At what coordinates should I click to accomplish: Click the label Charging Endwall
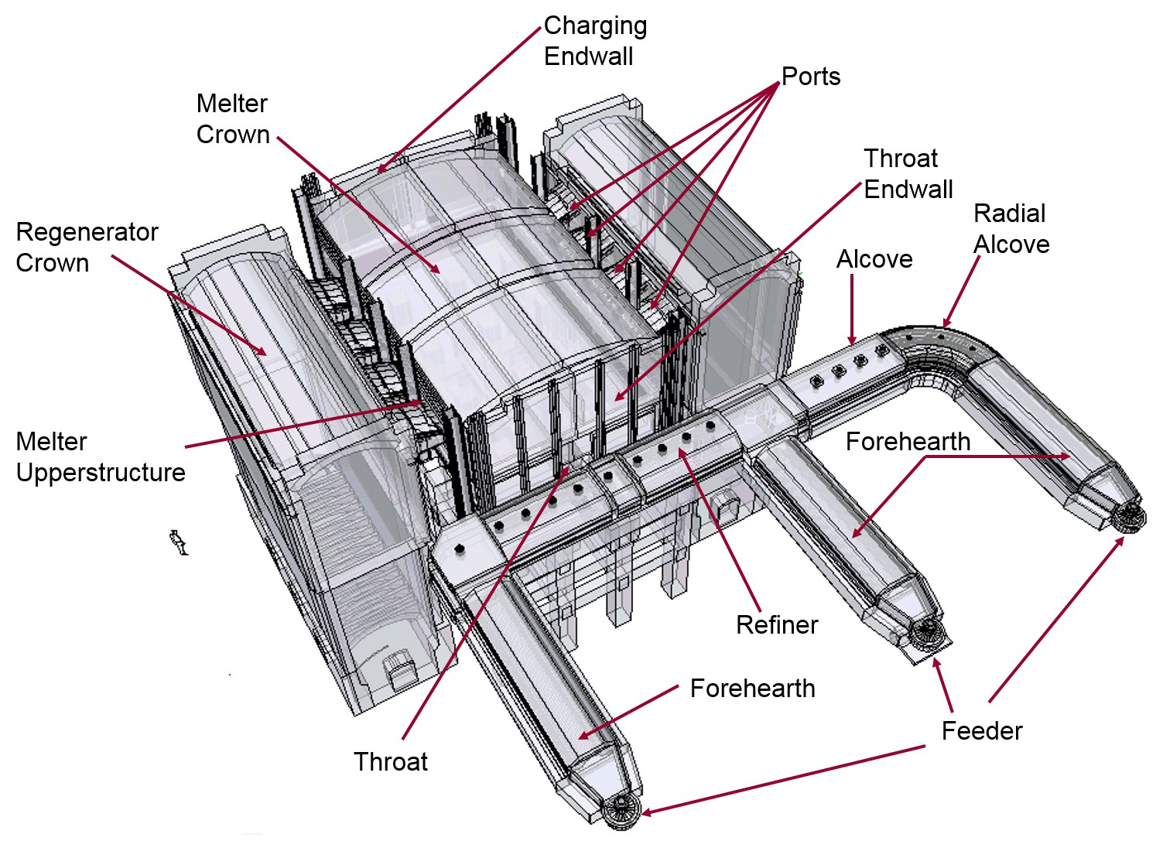(595, 41)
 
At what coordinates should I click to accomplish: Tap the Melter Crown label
(232, 118)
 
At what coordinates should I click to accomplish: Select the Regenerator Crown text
(87, 248)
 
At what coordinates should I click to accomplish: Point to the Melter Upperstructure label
(101, 457)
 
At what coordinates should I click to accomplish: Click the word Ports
(810, 77)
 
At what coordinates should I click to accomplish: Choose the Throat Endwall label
(908, 174)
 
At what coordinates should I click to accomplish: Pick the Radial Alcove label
(1011, 229)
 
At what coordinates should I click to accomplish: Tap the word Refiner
(776, 625)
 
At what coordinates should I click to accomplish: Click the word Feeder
(981, 731)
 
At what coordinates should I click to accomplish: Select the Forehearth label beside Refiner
(752, 689)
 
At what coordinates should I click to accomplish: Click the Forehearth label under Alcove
(908, 442)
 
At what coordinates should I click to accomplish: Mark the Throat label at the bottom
(391, 762)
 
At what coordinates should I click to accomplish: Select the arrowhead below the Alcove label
(852, 340)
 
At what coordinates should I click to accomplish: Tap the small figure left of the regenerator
(179, 542)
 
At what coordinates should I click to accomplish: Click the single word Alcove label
(874, 259)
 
